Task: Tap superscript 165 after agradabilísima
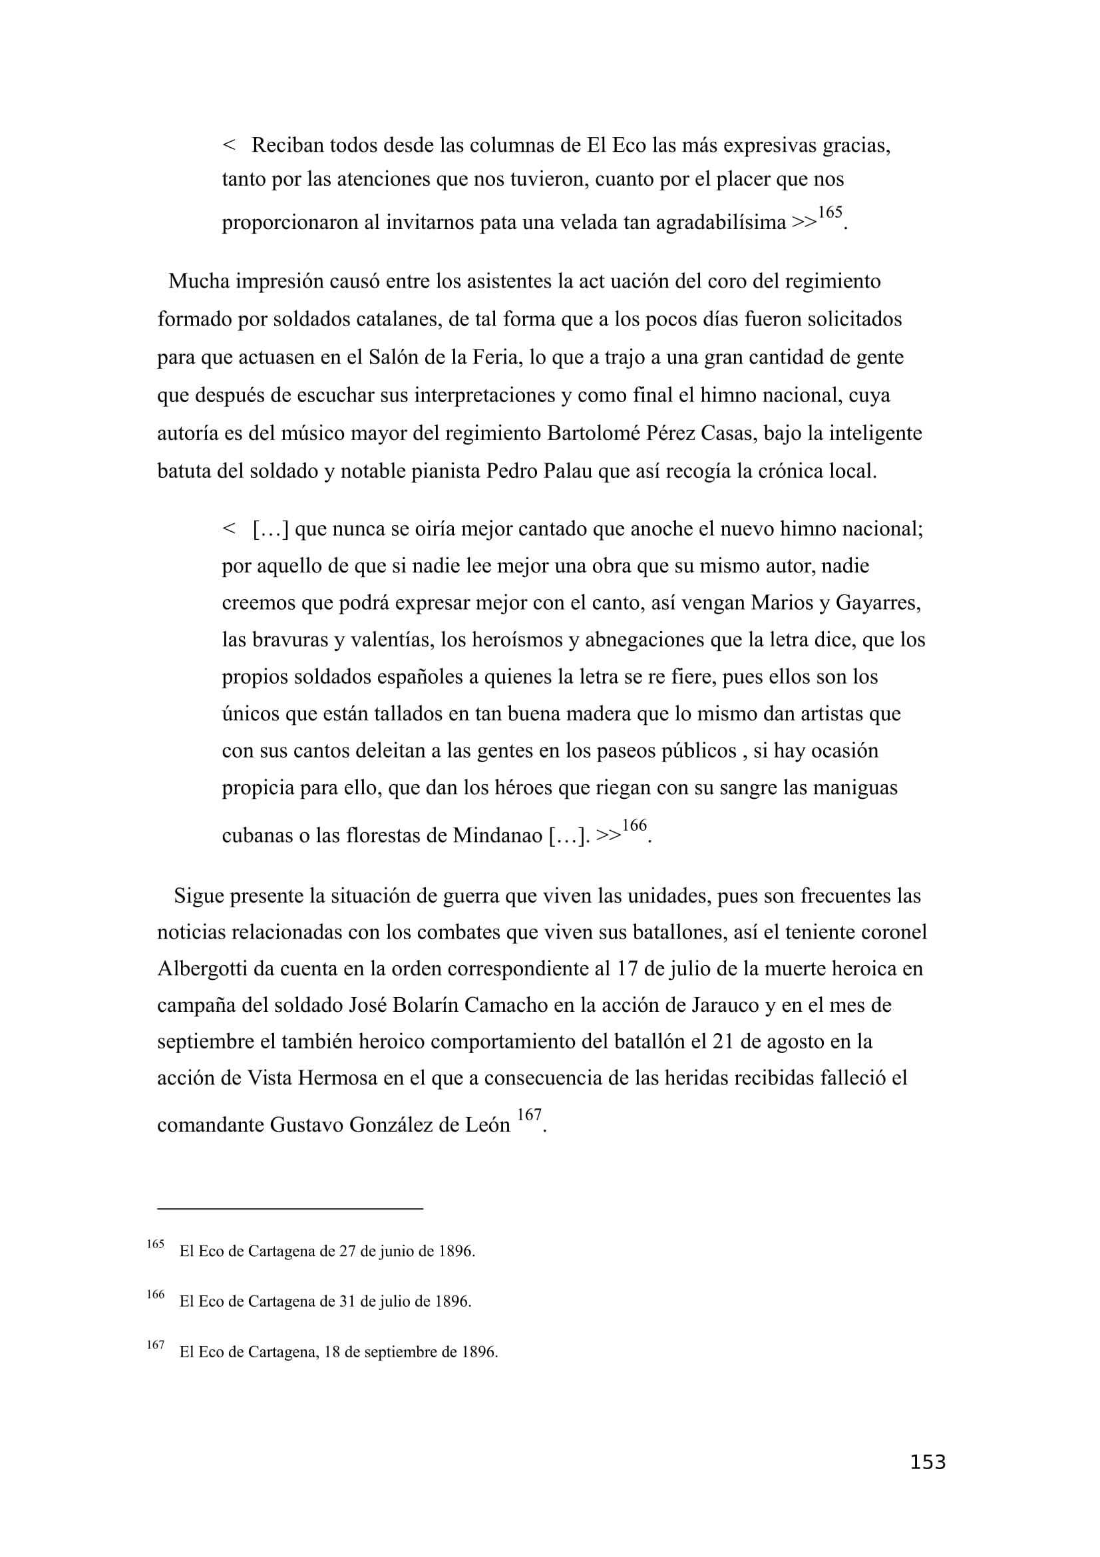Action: pyautogui.click(x=830, y=212)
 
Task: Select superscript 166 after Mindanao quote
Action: pyautogui.click(x=634, y=825)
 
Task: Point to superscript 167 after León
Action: pyautogui.click(x=528, y=1114)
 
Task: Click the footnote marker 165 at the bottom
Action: pyautogui.click(x=155, y=1243)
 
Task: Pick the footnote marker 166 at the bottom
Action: pyautogui.click(x=155, y=1294)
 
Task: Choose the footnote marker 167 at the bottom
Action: pyautogui.click(x=155, y=1345)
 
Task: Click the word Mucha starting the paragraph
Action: pyautogui.click(x=198, y=281)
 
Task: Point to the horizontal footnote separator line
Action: pyautogui.click(x=290, y=1208)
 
